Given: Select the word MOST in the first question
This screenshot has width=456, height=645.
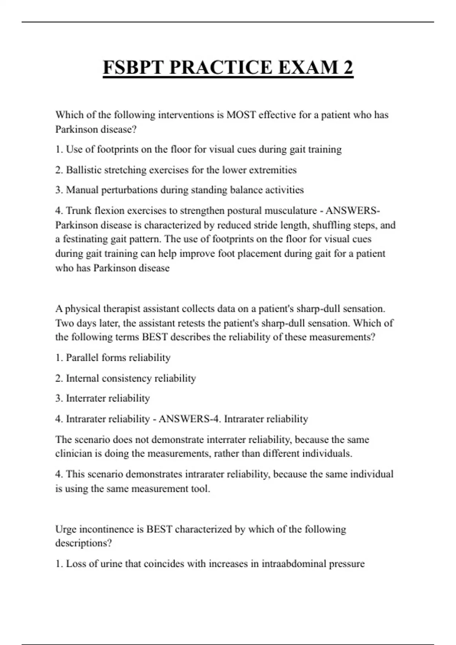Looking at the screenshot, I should coord(241,115).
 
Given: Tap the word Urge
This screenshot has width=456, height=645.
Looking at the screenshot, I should coord(66,529).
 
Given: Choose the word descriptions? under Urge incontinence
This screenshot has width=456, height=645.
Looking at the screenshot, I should coord(84,543).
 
